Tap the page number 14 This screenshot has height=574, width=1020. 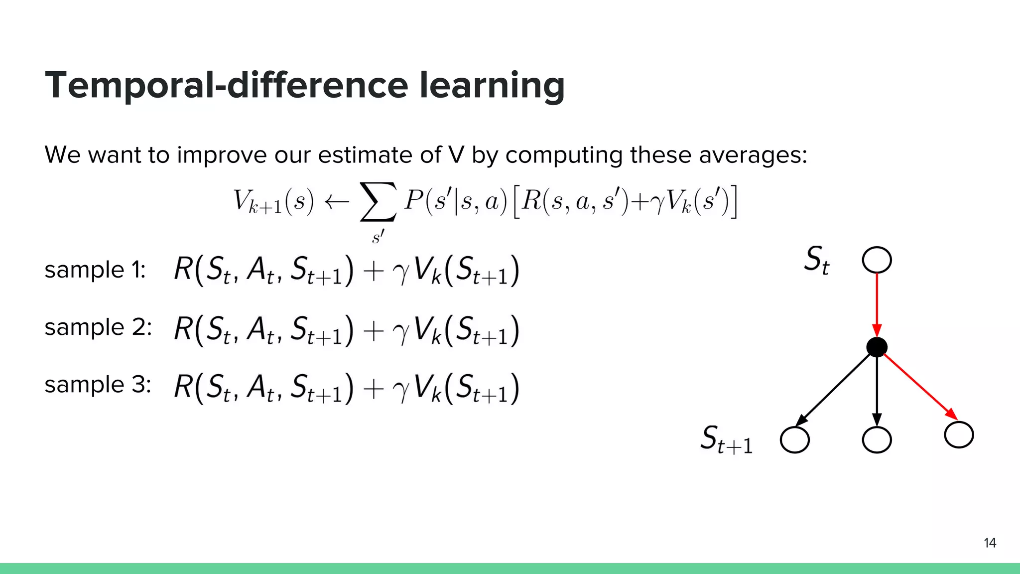coord(990,543)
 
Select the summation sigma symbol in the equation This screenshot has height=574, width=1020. coord(379,202)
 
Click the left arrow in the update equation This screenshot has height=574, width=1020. coord(336,202)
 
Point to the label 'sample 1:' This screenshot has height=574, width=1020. coord(95,270)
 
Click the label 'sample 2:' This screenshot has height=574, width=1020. coord(98,327)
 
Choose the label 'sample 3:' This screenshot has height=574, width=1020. coord(98,385)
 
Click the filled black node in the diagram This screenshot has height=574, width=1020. coord(877,347)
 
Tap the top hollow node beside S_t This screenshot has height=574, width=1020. coord(877,260)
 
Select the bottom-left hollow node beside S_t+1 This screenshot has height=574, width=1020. coord(794,440)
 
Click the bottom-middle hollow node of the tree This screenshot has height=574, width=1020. coord(877,440)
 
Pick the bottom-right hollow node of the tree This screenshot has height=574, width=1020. coord(959,435)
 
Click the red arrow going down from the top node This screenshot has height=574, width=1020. coord(877,304)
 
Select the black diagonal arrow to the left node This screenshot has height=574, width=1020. coord(834,389)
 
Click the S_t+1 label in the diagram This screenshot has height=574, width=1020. coord(726,439)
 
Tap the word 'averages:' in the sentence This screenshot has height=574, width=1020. coord(753,155)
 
